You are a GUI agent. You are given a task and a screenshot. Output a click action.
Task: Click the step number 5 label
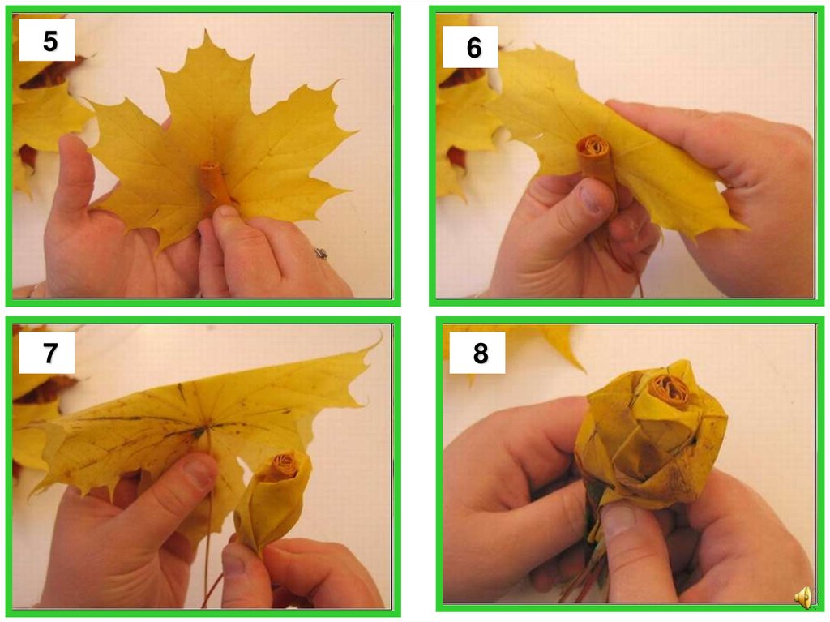[50, 41]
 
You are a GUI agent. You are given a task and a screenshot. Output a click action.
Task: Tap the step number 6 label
[473, 48]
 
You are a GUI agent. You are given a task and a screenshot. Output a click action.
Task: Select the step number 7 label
[50, 353]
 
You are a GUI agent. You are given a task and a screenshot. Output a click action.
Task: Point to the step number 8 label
[480, 354]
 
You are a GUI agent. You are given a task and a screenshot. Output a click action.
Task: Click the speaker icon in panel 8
[803, 597]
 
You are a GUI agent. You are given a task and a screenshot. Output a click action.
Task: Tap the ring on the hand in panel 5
[321, 253]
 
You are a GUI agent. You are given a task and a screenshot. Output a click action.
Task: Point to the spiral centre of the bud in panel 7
[285, 465]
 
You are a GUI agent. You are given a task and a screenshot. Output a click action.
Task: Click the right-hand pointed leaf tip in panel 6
[746, 229]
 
